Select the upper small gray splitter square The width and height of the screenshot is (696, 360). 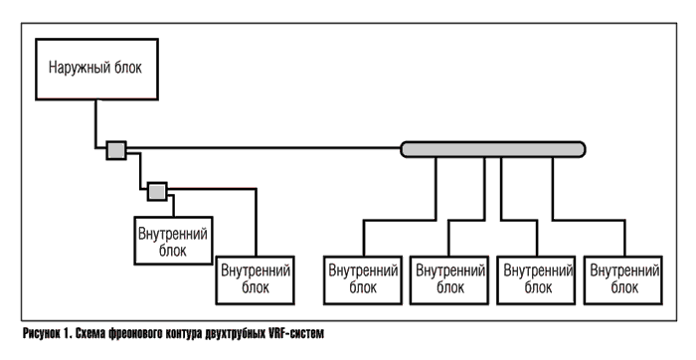(116, 150)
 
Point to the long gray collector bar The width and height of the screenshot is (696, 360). (493, 149)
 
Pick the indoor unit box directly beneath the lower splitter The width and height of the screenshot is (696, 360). (172, 242)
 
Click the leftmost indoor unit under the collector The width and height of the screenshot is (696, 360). (363, 278)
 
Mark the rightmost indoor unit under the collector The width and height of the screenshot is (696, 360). (624, 278)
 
